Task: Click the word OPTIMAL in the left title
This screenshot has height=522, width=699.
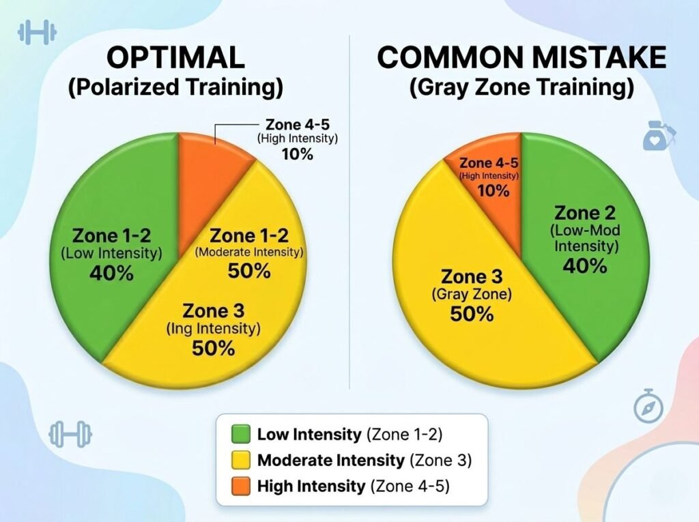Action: coord(175,58)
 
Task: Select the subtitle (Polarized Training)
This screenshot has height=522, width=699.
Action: coord(175,89)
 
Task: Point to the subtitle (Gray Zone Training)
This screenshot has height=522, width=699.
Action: coord(522,89)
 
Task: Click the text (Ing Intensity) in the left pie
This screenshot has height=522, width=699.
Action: coord(214,329)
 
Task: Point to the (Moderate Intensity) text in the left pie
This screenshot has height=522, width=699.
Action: coord(249,252)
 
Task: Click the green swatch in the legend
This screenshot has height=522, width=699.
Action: coord(241,434)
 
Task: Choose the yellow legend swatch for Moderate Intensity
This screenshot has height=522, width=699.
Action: coord(241,461)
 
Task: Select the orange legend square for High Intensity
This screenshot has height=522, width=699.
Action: coord(241,487)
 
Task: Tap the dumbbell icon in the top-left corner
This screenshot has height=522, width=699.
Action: coord(37,32)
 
